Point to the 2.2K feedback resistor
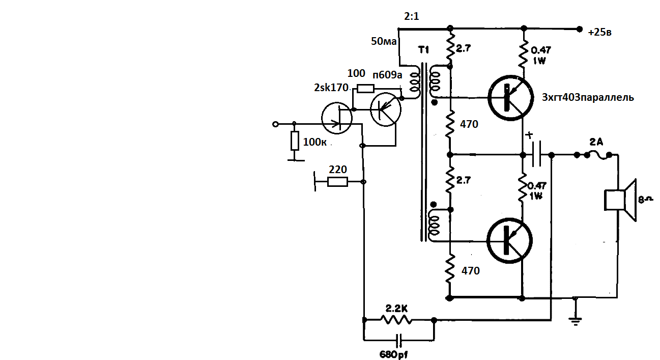click(397, 320)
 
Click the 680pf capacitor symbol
click(399, 339)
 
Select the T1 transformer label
click(423, 50)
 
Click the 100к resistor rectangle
click(295, 141)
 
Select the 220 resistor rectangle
click(337, 182)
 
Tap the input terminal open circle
click(276, 124)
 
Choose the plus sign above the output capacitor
click(530, 136)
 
